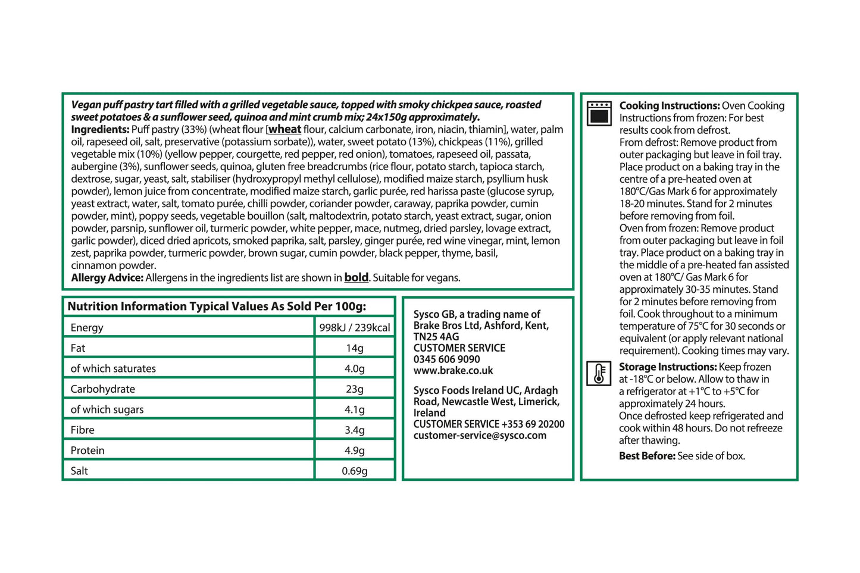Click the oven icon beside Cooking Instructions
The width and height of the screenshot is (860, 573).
pyautogui.click(x=599, y=113)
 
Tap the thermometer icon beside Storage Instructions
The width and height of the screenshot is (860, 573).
pyautogui.click(x=598, y=374)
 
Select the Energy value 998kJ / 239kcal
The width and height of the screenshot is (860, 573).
pyautogui.click(x=355, y=327)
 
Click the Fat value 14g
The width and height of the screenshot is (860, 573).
pyautogui.click(x=355, y=348)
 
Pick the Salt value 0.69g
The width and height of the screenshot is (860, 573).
pyautogui.click(x=355, y=471)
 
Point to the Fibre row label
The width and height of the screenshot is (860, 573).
pyautogui.click(x=83, y=430)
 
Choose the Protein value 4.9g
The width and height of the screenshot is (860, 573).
pyautogui.click(x=355, y=450)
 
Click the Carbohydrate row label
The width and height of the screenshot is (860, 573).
pyautogui.click(x=103, y=389)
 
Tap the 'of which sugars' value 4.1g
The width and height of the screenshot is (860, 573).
pyautogui.click(x=355, y=409)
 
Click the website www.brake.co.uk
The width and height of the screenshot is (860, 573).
pyautogui.click(x=453, y=371)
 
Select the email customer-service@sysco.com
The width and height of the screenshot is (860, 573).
pyautogui.click(x=480, y=436)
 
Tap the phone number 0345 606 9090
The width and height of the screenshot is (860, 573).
pyautogui.click(x=446, y=359)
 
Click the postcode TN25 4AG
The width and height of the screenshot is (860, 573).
pyautogui.click(x=436, y=337)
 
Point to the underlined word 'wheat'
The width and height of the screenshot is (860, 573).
pyautogui.click(x=284, y=129)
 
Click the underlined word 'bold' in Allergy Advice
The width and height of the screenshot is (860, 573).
pyautogui.click(x=356, y=277)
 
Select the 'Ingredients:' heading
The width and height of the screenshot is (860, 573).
pyautogui.click(x=100, y=130)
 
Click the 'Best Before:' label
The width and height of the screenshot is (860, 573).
pyautogui.click(x=647, y=456)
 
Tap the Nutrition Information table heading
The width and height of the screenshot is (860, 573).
pyautogui.click(x=217, y=306)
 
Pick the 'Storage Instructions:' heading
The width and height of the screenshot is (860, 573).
pyautogui.click(x=667, y=367)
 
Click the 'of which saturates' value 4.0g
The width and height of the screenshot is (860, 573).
pyautogui.click(x=355, y=368)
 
